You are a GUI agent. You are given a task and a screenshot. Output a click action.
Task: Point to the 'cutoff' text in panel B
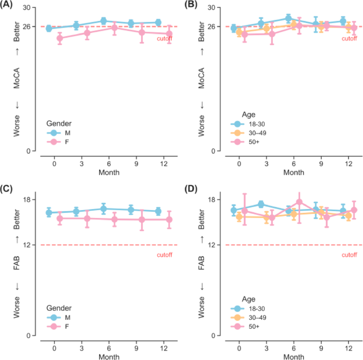(349, 38)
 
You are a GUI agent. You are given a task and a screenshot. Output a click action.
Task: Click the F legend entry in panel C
(66, 327)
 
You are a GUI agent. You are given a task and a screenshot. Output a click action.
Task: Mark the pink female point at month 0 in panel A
(60, 38)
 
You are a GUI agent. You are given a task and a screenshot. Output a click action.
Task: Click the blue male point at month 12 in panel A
(158, 23)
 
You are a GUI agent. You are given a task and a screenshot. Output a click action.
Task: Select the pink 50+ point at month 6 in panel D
(299, 202)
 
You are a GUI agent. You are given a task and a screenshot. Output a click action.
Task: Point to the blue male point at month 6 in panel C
(103, 209)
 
